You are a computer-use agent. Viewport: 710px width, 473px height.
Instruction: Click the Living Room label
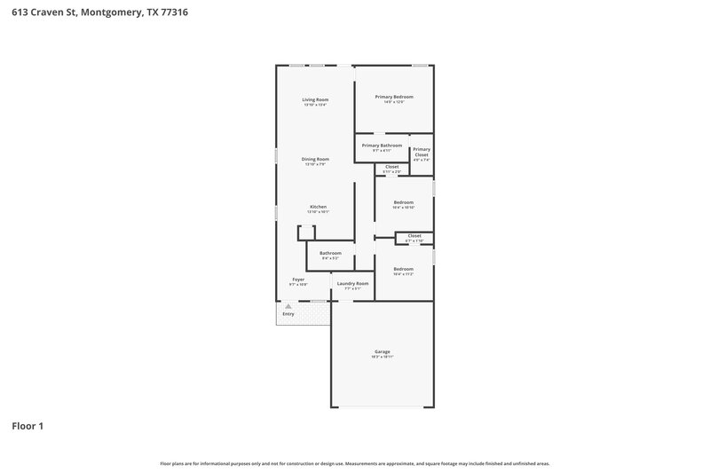click(315, 99)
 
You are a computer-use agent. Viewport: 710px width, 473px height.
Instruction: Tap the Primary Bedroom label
click(394, 97)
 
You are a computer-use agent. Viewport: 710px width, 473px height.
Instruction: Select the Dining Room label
click(315, 159)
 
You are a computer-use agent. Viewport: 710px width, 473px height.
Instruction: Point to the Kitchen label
click(318, 207)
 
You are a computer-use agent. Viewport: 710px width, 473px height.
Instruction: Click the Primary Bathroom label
click(382, 145)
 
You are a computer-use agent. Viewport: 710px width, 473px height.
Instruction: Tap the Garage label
click(383, 351)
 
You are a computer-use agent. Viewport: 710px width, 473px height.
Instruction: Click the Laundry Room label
click(352, 283)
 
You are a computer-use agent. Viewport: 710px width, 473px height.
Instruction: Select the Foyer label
click(298, 280)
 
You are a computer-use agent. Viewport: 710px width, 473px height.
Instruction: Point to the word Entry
click(288, 314)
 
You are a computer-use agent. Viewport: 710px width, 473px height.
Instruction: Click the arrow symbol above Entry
click(288, 306)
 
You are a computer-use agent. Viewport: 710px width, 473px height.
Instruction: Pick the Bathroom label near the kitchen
click(331, 253)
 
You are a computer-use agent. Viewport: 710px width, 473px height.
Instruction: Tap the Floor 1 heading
click(28, 426)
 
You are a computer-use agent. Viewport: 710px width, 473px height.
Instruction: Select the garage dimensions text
click(383, 357)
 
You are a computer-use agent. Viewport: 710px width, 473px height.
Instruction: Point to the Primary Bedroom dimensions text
click(394, 102)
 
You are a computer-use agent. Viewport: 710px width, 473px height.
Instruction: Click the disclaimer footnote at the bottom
click(355, 463)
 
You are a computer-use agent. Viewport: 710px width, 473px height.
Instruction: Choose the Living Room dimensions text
click(315, 105)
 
